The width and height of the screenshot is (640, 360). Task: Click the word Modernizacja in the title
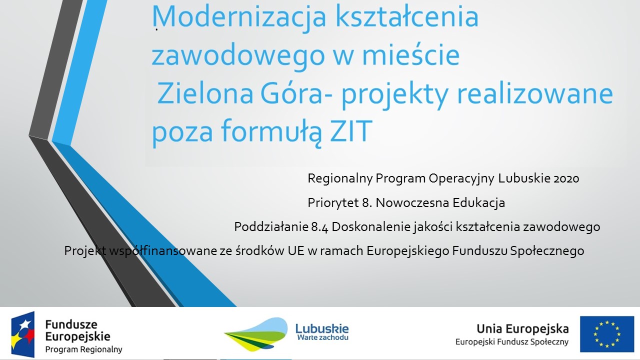[x=238, y=17]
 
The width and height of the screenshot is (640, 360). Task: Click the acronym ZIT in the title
[x=351, y=131]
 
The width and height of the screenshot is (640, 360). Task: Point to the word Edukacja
[x=479, y=203]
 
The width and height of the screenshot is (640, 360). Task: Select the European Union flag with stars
[x=607, y=334]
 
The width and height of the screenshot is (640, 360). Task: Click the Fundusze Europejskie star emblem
[x=23, y=334]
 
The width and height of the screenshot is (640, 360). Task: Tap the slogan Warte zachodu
[x=322, y=338]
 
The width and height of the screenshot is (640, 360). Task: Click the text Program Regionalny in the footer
[x=83, y=349]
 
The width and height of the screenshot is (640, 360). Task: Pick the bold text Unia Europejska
[x=522, y=329]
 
